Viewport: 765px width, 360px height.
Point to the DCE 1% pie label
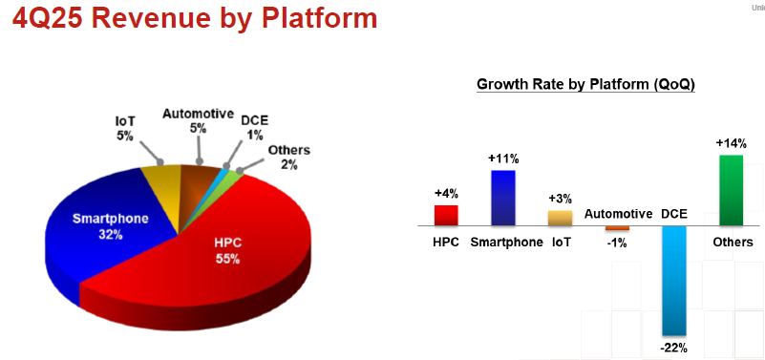pyautogui.click(x=254, y=128)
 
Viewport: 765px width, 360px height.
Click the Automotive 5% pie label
pyautogui.click(x=198, y=120)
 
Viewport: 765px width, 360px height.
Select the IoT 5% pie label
pyautogui.click(x=125, y=128)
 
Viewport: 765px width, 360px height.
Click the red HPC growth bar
pyautogui.click(x=446, y=216)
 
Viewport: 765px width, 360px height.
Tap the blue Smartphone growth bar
pyautogui.click(x=503, y=198)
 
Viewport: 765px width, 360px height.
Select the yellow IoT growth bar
pyautogui.click(x=560, y=218)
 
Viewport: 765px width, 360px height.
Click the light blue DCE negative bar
pyautogui.click(x=674, y=281)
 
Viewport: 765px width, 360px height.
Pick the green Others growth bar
pyautogui.click(x=731, y=191)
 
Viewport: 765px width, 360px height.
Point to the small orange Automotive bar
pyautogui.click(x=617, y=228)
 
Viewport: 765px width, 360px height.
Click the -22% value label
pyautogui.click(x=673, y=349)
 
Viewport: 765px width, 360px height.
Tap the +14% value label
pyautogui.click(x=731, y=143)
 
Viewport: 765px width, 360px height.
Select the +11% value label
pyautogui.click(x=503, y=159)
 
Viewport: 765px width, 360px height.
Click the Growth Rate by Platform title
pyautogui.click(x=585, y=84)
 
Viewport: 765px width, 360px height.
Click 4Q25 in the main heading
pyautogui.click(x=47, y=18)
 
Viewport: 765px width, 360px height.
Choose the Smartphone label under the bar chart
pyautogui.click(x=506, y=243)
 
